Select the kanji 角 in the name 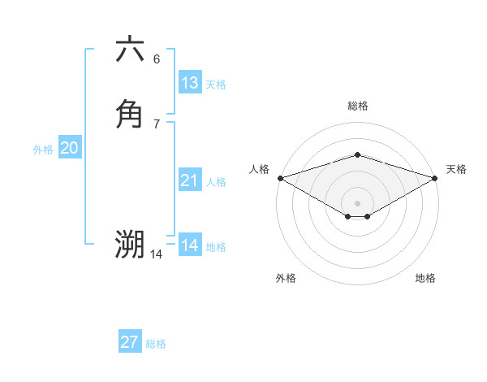(130, 113)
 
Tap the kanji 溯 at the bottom (130, 244)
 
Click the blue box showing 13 (190, 83)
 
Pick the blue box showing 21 (190, 180)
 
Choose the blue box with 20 (70, 148)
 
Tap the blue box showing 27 (130, 342)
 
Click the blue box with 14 (190, 245)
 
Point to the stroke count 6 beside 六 (157, 59)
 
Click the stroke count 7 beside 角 (157, 124)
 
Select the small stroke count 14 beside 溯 (157, 254)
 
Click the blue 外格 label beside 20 (43, 150)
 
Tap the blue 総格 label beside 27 (156, 344)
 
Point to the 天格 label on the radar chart (456, 169)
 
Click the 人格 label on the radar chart (259, 169)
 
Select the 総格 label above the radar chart (357, 106)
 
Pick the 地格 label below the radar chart (425, 278)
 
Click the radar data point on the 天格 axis (435, 178)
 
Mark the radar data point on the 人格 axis (280, 178)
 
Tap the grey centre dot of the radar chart (357, 202)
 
